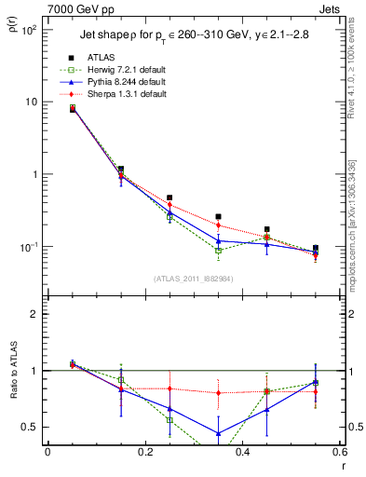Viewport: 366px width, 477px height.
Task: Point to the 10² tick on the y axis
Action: [x=30, y=30]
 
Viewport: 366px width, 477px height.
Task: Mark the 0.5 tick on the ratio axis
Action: [x=32, y=427]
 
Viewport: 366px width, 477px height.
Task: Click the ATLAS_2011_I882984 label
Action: [x=193, y=279]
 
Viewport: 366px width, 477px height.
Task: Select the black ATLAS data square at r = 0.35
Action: [x=218, y=216]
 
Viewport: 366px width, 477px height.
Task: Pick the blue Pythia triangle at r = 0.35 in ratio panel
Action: [x=218, y=433]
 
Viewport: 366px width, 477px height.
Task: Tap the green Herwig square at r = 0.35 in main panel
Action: [x=218, y=251]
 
